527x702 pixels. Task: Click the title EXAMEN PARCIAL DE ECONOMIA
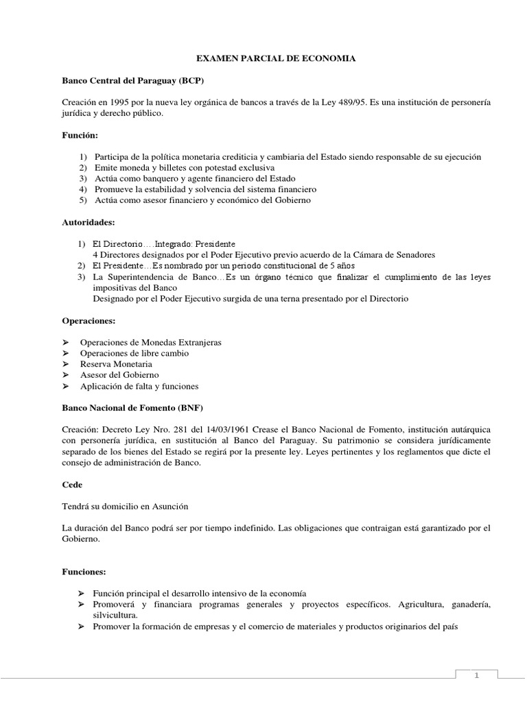pyautogui.click(x=275, y=60)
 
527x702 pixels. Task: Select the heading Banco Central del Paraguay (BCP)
pyautogui.click(x=133, y=81)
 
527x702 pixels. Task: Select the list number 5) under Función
pyautogui.click(x=82, y=199)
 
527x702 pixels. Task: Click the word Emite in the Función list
pyautogui.click(x=108, y=167)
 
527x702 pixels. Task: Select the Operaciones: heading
pyautogui.click(x=88, y=320)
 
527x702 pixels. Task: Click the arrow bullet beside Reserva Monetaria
pyautogui.click(x=66, y=364)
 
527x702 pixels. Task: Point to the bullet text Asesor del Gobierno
pyautogui.click(x=119, y=375)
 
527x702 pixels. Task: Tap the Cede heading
pyautogui.click(x=72, y=484)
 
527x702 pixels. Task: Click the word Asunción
pyautogui.click(x=165, y=506)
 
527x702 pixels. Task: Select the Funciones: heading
pyautogui.click(x=85, y=570)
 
